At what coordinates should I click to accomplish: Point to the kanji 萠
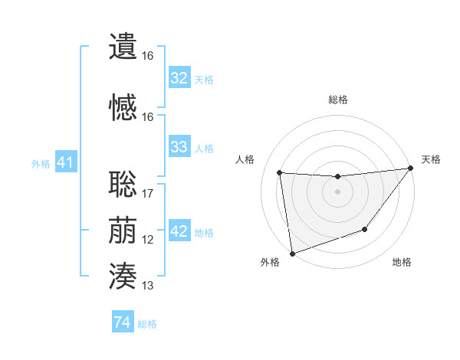tap(123, 231)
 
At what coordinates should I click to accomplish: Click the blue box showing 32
tap(179, 78)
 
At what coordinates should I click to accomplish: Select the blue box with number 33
tap(179, 147)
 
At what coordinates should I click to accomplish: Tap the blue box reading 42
tap(179, 232)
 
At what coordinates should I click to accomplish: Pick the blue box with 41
tap(66, 162)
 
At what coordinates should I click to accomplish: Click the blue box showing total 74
tap(123, 322)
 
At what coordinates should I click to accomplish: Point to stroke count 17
tap(148, 194)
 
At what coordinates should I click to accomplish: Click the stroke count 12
tap(148, 240)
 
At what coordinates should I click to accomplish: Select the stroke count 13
tap(148, 286)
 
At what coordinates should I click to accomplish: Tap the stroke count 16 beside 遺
tap(148, 57)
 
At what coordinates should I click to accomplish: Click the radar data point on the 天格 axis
tap(412, 169)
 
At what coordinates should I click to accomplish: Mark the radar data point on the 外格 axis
tap(291, 253)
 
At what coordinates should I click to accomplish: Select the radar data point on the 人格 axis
tap(279, 172)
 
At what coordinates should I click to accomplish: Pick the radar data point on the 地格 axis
tap(366, 229)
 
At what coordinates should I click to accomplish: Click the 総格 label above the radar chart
tap(337, 100)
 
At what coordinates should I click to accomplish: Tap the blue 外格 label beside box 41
tap(41, 163)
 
